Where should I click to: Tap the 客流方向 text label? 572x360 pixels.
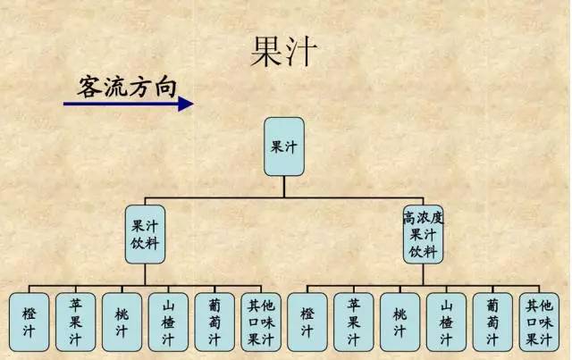[x=127, y=84]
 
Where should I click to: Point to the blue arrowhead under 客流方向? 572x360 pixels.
[x=185, y=104]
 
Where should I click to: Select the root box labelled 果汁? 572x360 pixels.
[x=284, y=146]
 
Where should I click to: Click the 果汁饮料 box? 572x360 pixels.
[x=144, y=234]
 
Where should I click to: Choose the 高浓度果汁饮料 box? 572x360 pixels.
[x=423, y=234]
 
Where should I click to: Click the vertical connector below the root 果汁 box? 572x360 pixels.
[x=284, y=186]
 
